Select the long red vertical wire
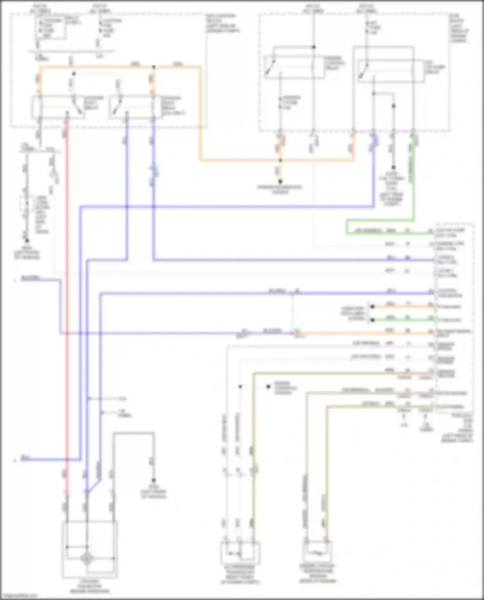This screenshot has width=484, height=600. pyautogui.click(x=67, y=290)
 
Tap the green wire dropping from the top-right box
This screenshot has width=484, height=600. pyautogui.click(x=413, y=181)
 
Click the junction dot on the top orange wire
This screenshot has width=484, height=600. pyautogui.click(x=154, y=67)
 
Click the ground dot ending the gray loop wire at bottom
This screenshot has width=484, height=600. pyautogui.click(x=154, y=480)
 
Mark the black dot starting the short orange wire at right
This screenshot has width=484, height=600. pyautogui.click(x=372, y=307)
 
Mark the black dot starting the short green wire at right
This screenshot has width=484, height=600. pyautogui.click(x=372, y=320)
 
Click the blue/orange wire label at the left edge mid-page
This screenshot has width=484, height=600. pyautogui.click(x=30, y=278)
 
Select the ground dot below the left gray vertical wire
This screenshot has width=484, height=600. pyautogui.click(x=27, y=241)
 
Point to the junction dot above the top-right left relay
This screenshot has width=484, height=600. pyautogui.click(x=313, y=47)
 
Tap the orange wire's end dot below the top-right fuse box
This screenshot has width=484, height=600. pyautogui.click(x=280, y=182)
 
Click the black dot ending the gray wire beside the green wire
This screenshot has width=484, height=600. pyautogui.click(x=393, y=168)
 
